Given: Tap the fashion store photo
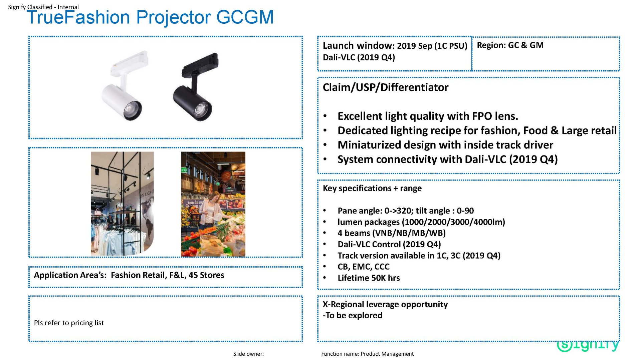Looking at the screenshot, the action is [x=122, y=204].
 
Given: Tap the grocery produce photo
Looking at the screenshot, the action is [x=213, y=204].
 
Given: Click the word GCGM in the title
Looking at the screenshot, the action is [x=245, y=17].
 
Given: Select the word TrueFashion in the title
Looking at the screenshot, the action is [x=78, y=17].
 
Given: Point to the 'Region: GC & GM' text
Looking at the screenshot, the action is [x=510, y=45].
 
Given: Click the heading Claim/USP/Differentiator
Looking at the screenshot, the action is [x=386, y=87].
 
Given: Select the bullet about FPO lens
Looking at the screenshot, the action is [x=428, y=116].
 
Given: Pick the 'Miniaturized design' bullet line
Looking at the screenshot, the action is [x=445, y=145].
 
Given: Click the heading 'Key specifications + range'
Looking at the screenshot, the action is [x=372, y=188].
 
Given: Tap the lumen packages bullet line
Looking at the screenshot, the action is [x=421, y=222].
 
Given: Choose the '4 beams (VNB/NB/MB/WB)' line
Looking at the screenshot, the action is [x=392, y=233].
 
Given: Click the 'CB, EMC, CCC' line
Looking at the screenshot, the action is [x=364, y=267].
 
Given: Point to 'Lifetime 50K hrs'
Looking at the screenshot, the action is [x=369, y=278].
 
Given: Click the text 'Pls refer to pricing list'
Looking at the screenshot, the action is [x=69, y=323].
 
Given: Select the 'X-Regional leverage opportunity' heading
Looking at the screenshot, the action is [x=385, y=304].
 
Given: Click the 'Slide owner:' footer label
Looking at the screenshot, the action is [x=248, y=354].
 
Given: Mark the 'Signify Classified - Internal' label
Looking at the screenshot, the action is [x=43, y=7].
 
